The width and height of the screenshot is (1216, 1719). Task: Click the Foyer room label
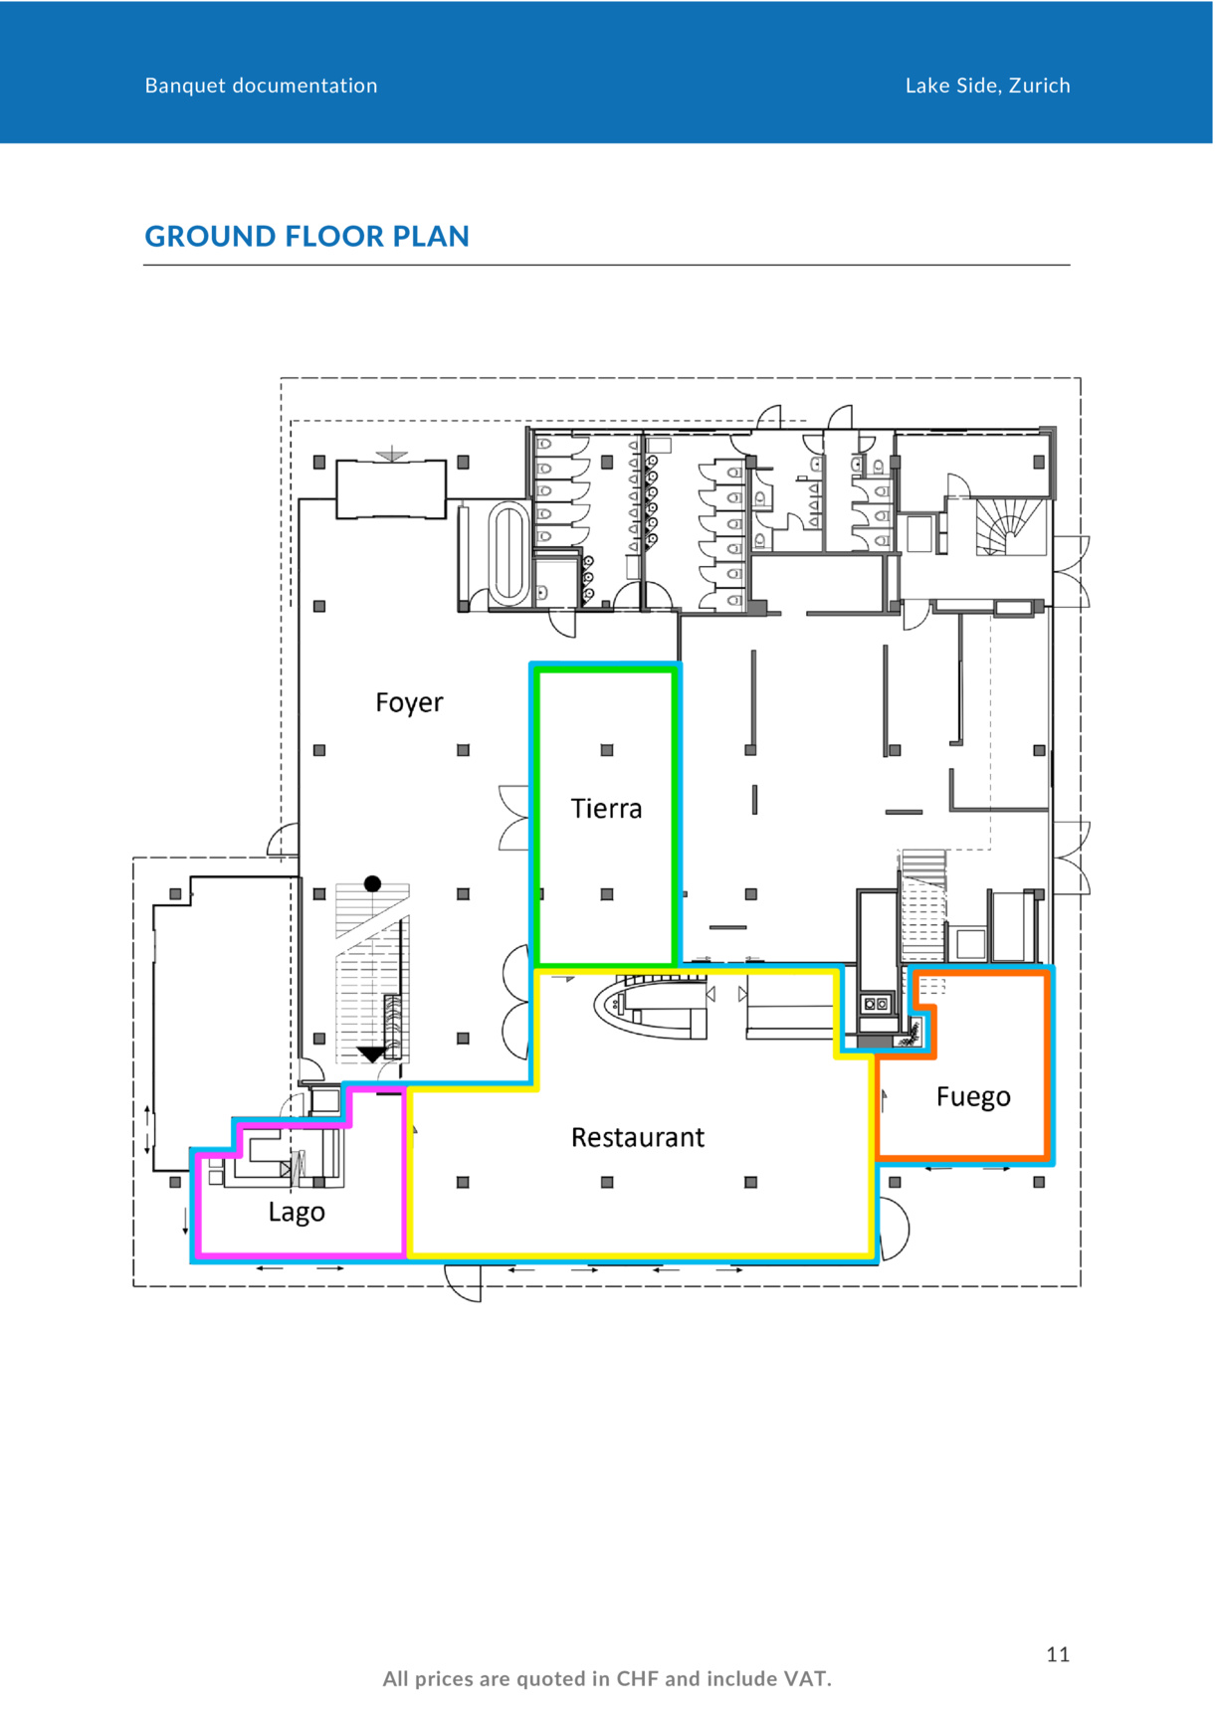(x=409, y=703)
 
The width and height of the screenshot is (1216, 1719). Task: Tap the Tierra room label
(x=606, y=809)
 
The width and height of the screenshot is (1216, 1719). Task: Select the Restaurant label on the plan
(x=638, y=1137)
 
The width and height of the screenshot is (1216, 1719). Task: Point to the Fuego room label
(x=973, y=1097)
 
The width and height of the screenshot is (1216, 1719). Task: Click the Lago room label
(x=297, y=1213)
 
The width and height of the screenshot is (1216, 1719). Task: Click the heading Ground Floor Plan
(x=306, y=237)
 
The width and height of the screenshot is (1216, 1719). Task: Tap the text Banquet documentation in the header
(x=262, y=86)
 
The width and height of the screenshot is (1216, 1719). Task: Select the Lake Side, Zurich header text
(x=988, y=86)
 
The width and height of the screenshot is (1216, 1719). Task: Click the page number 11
(x=1058, y=1654)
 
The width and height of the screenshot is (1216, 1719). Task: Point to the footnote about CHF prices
(x=607, y=1679)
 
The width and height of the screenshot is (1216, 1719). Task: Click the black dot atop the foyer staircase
(x=373, y=883)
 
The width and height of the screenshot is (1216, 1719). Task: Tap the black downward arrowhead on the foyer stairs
(x=372, y=1054)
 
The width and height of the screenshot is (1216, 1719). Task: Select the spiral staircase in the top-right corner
(x=1009, y=526)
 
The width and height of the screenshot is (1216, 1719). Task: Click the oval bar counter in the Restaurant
(x=651, y=1008)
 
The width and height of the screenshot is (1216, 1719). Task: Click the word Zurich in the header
(x=1040, y=86)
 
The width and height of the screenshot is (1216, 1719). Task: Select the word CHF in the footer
(x=638, y=1679)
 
